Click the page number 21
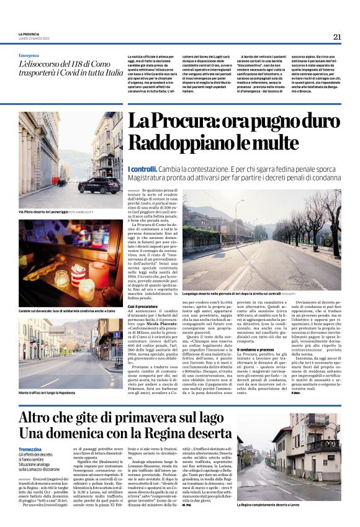coord(337,37)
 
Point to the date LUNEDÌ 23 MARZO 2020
coord(34,39)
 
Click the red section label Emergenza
coord(29,55)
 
